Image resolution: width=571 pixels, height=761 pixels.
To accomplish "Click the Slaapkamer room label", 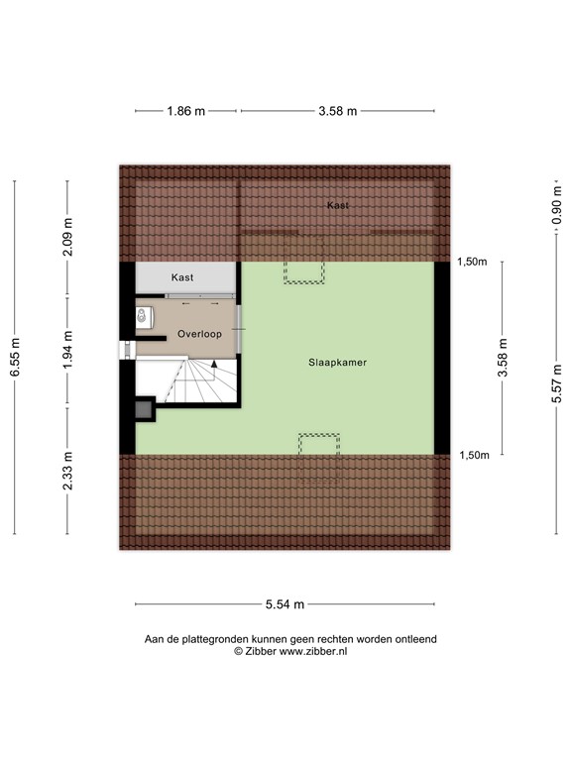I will pos(337,363).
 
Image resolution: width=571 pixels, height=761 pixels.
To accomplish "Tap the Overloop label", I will pos(198,335).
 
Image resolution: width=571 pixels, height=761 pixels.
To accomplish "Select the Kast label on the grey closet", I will pos(183,277).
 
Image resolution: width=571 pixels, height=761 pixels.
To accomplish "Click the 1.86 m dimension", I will pos(185,111).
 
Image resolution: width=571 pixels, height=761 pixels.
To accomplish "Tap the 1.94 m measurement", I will pos(67,350).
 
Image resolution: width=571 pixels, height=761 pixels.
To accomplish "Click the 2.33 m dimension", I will pos(67,472).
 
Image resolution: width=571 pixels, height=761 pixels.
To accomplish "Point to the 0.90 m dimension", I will pos(556,211).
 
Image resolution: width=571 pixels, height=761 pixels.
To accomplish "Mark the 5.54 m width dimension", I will pos(285,604).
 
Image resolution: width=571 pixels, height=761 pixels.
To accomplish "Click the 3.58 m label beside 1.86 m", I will pos(337,111).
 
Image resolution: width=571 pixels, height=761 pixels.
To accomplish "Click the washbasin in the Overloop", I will pos(145,317).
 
